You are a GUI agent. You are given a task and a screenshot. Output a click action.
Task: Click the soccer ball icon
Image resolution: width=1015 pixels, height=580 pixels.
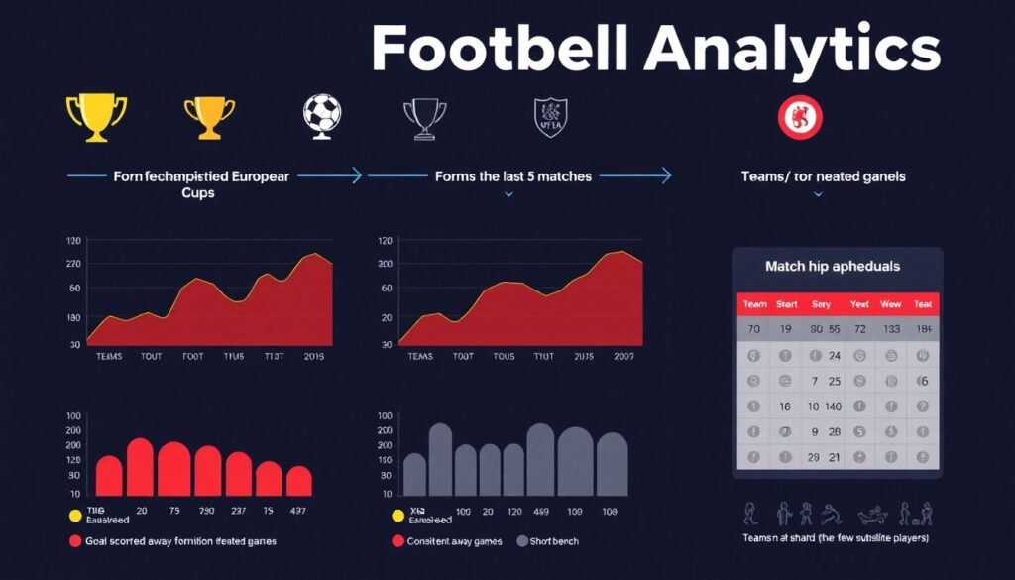[322, 115]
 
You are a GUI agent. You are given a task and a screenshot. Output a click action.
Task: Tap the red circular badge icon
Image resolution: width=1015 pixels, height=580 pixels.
[800, 116]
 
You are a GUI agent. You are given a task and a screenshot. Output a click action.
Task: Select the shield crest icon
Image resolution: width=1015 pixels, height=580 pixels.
[550, 116]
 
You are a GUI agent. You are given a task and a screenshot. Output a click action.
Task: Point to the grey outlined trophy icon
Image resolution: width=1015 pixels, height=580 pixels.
[424, 118]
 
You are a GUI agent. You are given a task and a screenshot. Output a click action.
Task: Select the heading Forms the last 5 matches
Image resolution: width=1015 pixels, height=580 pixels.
[513, 176]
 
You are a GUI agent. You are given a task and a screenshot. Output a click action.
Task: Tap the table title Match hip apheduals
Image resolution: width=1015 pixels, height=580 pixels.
[833, 266]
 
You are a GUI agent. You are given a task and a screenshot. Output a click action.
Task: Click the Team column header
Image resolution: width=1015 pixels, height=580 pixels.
[754, 304]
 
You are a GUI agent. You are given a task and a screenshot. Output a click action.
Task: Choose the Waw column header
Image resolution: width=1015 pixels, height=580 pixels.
[890, 304]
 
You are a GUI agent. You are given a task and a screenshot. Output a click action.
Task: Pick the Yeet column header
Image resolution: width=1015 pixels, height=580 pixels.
[859, 304]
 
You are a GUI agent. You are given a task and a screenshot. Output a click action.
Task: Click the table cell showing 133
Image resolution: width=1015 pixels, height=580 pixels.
[891, 329]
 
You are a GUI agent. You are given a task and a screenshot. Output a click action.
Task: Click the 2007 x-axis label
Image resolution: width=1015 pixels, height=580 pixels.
[624, 356]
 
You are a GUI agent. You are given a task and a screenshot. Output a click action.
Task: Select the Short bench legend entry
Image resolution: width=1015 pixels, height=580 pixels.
[548, 541]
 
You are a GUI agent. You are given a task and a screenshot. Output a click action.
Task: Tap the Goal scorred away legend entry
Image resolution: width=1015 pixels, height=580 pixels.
[172, 541]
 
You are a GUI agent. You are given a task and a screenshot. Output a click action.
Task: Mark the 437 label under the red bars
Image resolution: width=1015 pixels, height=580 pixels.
[298, 511]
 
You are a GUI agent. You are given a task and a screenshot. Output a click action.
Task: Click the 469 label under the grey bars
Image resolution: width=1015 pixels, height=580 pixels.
[541, 511]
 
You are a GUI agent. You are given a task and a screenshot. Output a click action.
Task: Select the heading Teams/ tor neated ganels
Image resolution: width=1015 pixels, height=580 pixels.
[823, 176]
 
